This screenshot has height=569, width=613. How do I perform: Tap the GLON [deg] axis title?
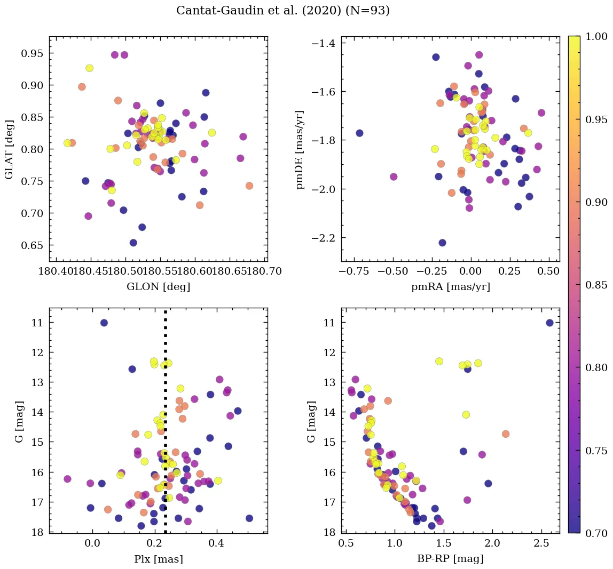pos(158,286)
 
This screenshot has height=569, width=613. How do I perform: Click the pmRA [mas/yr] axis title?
pos(450,286)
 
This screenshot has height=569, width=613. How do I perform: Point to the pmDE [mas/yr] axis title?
pos(300,149)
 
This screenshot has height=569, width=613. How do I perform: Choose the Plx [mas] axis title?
pos(158,559)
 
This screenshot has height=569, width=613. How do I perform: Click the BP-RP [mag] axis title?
pos(450,559)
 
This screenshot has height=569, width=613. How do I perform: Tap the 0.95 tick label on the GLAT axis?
pos(32,53)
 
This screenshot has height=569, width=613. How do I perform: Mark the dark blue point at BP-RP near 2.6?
pos(549,323)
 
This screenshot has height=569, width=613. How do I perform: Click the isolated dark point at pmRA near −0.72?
pos(359,133)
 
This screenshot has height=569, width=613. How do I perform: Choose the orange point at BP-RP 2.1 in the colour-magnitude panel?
pos(506,434)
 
